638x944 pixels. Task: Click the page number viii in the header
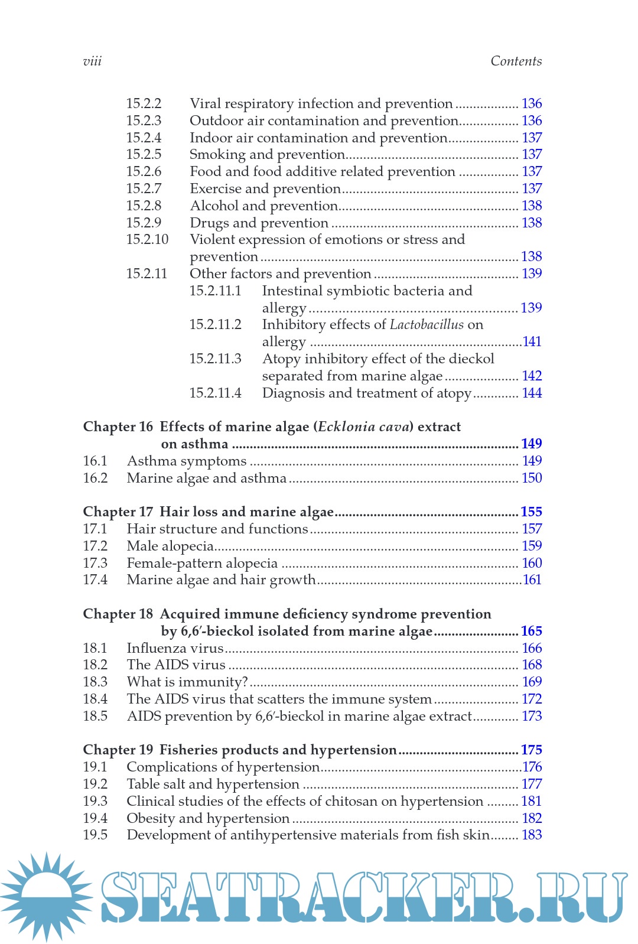pos(92,61)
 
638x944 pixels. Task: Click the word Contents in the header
pos(516,61)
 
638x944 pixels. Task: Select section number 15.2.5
pos(144,154)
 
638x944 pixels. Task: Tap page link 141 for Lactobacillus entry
pos(532,341)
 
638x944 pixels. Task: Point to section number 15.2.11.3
pos(215,359)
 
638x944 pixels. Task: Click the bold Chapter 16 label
pos(118,427)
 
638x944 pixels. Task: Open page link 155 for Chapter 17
pos(531,512)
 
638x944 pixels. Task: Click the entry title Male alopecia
pos(170,546)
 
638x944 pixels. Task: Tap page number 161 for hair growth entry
pos(532,580)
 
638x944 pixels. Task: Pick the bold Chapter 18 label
pos(118,614)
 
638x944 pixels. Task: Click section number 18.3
pos(95,682)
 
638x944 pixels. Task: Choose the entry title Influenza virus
pos(175,648)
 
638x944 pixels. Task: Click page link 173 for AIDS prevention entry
pos(532,716)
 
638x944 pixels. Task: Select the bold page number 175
pos(531,750)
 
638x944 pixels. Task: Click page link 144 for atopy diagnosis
pos(532,393)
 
